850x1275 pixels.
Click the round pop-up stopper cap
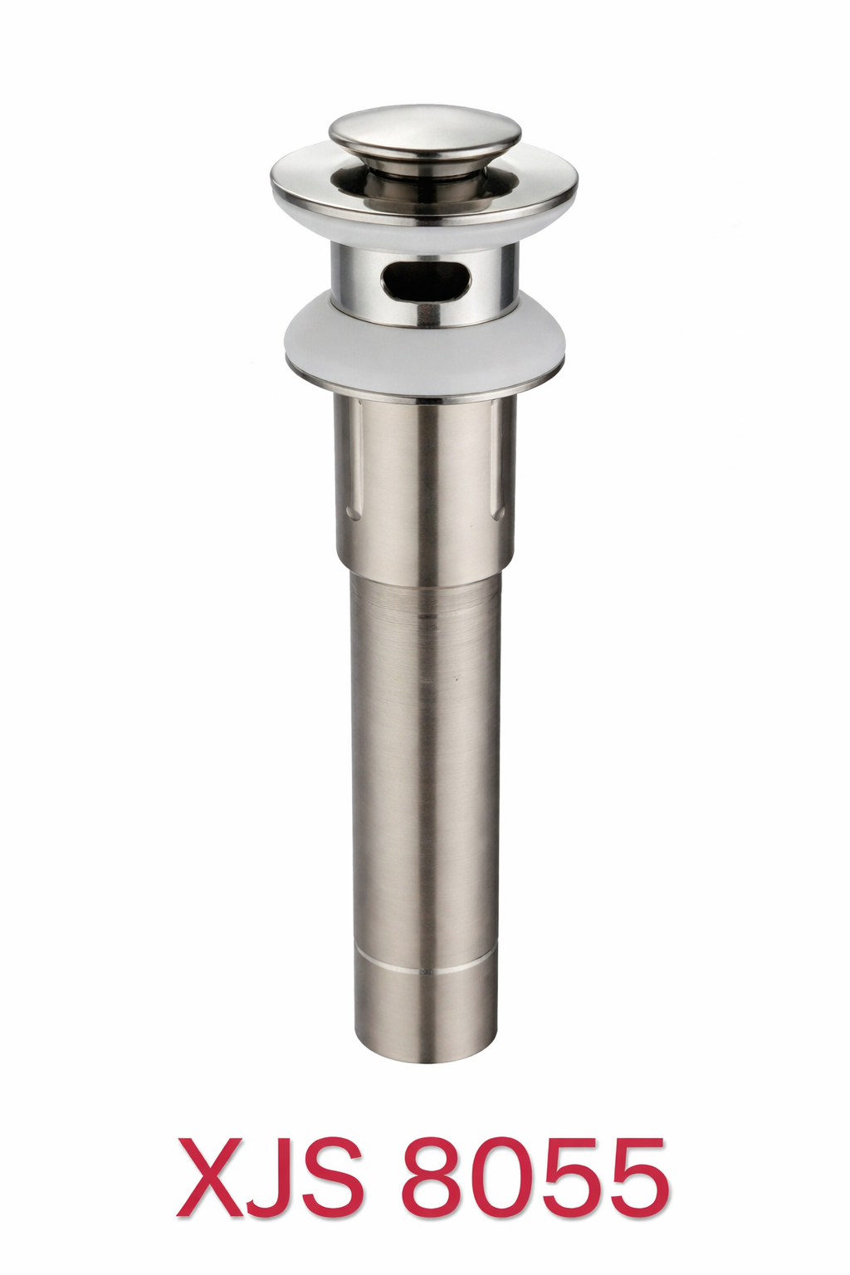424,132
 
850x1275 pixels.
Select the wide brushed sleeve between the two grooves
424,481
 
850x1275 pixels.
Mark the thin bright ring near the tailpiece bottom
424,970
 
